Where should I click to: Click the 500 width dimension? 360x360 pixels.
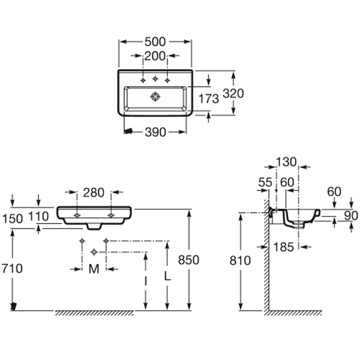click(x=155, y=42)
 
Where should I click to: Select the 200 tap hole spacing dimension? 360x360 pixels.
click(x=155, y=56)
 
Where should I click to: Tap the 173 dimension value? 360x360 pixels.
click(x=208, y=99)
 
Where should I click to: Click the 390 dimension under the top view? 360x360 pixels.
click(x=155, y=132)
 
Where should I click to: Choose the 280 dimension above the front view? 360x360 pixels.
click(x=94, y=193)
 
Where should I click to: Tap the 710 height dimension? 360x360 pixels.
click(x=11, y=268)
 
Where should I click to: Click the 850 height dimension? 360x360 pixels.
click(x=188, y=260)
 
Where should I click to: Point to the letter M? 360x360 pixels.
click(x=94, y=269)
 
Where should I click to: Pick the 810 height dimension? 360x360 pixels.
click(x=239, y=260)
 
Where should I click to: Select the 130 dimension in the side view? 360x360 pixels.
click(x=287, y=162)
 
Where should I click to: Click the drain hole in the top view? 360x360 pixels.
click(x=155, y=96)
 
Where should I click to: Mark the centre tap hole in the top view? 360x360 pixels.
click(x=155, y=79)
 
